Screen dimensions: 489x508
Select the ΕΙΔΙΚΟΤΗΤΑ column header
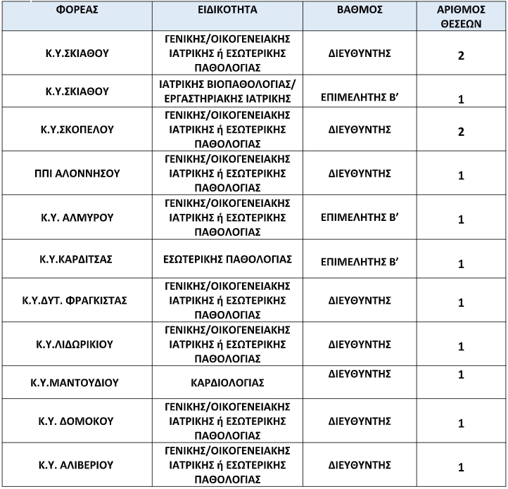(x=227, y=11)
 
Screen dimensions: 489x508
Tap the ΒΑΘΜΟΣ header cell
(x=360, y=11)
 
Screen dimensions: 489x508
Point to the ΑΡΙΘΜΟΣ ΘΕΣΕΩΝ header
(x=461, y=16)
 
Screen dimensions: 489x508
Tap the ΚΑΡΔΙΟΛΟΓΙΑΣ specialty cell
(x=227, y=383)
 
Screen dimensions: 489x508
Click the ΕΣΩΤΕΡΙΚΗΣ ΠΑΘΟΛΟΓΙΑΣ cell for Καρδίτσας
(x=227, y=258)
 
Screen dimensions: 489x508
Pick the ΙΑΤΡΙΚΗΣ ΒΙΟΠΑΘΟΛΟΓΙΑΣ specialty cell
(x=227, y=91)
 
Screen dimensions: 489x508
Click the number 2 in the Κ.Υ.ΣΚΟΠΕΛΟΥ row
(x=461, y=132)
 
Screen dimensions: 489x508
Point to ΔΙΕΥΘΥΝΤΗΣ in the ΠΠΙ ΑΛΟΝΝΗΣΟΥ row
(x=360, y=174)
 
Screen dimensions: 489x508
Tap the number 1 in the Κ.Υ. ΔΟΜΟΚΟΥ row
(x=461, y=424)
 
